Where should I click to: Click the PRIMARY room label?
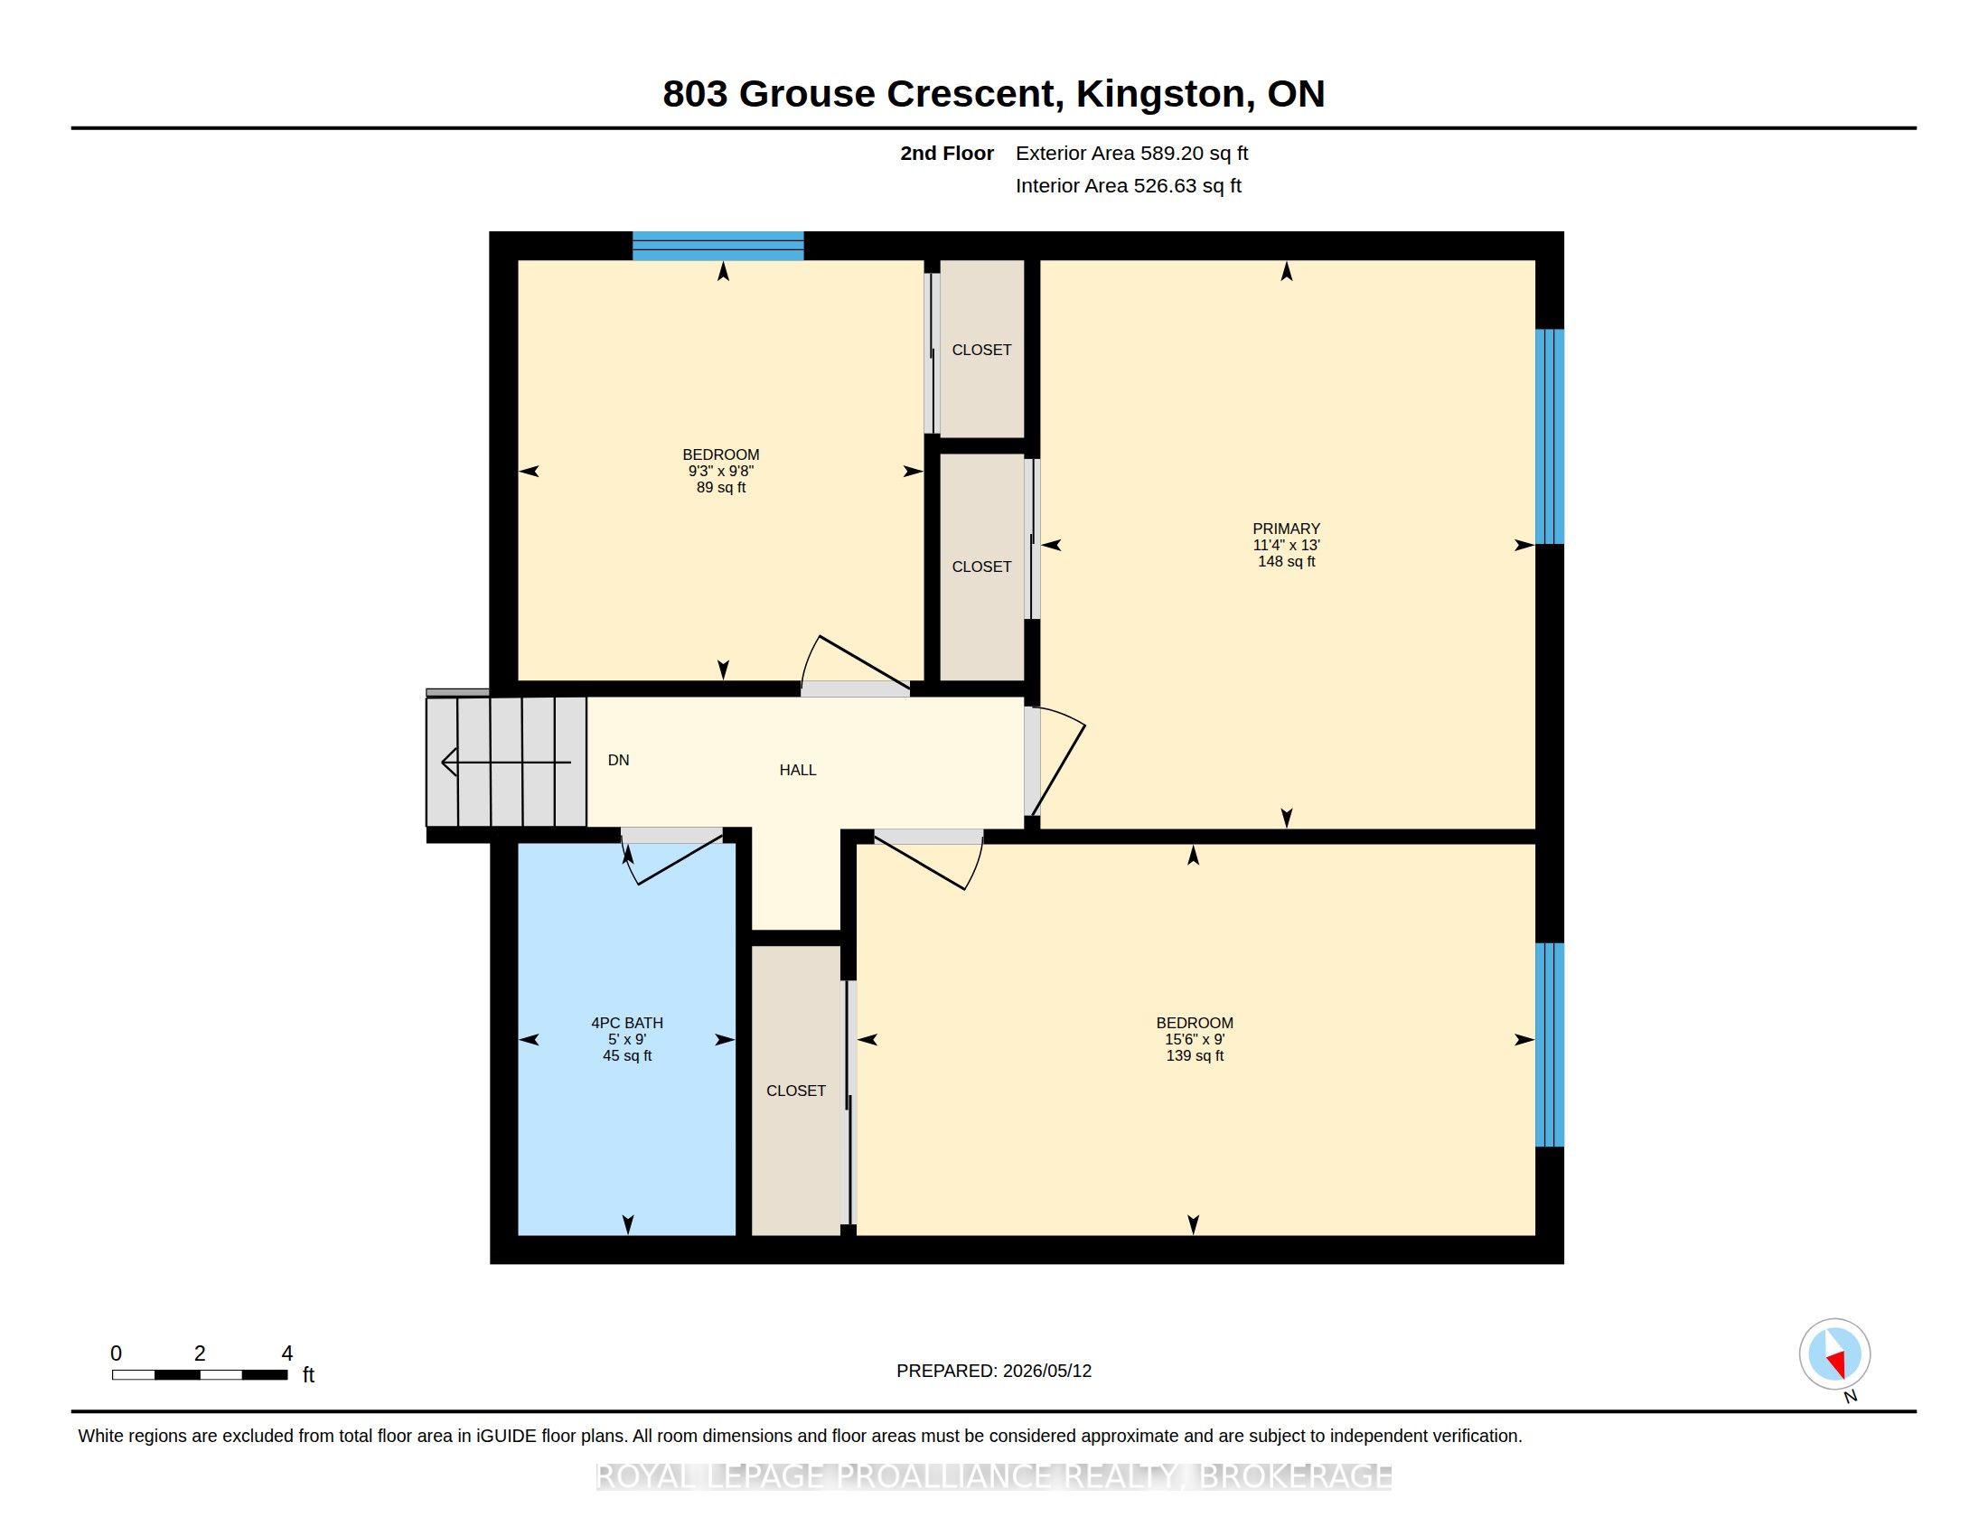pos(1285,529)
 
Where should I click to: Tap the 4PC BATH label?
pos(627,1023)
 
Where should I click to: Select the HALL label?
pos(797,770)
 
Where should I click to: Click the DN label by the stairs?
pos(618,760)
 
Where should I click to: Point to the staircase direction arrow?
pos(506,762)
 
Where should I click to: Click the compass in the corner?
pos(1834,1354)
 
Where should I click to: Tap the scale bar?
pos(201,1375)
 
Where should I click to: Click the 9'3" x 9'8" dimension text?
pos(721,472)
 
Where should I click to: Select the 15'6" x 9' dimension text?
pos(1195,1039)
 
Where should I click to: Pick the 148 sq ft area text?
pos(1286,561)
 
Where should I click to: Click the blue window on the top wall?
pos(718,246)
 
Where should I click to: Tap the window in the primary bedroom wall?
pos(1550,436)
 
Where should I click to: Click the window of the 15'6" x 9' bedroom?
pos(1550,1044)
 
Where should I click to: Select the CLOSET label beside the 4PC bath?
pos(795,1091)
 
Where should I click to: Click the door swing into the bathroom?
pos(671,857)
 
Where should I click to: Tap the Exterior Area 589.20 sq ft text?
pos(1131,153)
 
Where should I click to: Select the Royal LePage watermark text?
pos(994,1476)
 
